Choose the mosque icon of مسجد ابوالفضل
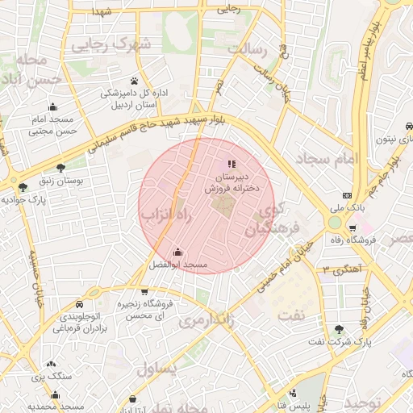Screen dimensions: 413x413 point(177,252)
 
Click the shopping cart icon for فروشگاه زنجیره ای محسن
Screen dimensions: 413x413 point(144,291)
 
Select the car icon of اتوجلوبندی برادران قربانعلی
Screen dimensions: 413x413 point(81,304)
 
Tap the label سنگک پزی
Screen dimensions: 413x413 point(47,377)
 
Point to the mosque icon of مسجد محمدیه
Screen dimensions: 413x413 point(55,394)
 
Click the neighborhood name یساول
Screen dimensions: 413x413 point(156,369)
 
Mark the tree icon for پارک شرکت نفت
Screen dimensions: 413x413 point(339,329)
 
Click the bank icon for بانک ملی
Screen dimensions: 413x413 point(347,196)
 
